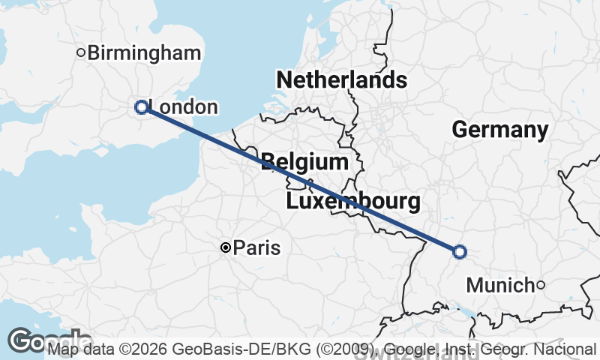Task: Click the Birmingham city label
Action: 144,53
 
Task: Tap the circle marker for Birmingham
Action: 82,52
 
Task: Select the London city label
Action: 184,107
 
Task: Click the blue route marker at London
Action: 140,107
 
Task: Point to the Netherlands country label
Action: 342,80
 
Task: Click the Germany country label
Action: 500,130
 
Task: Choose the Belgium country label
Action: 305,162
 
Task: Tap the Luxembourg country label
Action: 352,202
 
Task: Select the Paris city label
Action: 256,247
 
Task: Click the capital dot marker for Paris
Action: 225,247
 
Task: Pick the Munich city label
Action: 500,285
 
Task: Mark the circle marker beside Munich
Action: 541,284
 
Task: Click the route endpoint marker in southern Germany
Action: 459,252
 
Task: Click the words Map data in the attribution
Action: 79,349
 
